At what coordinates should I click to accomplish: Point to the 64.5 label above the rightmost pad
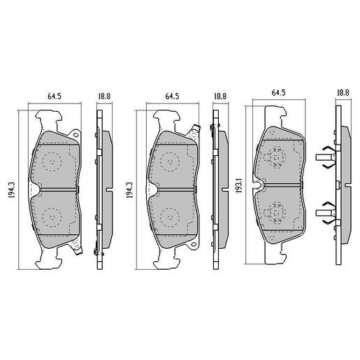(278, 92)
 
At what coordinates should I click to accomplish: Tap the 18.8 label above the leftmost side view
(103, 96)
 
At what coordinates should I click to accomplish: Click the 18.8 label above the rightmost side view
(343, 92)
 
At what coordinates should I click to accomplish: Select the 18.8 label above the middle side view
(219, 96)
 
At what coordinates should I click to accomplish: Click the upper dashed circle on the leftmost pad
(52, 163)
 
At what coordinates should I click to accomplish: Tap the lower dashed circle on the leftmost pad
(52, 216)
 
